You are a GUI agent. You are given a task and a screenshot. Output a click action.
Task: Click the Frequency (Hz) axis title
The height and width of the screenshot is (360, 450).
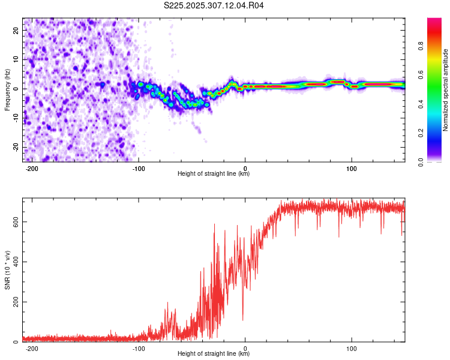pos(7,89)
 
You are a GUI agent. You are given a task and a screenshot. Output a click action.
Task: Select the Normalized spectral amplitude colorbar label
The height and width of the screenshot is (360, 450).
pos(446,91)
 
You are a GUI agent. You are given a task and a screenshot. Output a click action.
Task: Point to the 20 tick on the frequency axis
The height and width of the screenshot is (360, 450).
pos(17,29)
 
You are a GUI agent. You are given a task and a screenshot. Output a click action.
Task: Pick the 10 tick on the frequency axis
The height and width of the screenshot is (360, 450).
pos(17,59)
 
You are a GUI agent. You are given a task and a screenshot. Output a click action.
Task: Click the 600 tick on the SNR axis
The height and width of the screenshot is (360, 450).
pos(14,221)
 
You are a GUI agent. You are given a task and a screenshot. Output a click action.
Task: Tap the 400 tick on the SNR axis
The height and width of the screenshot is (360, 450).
pos(14,262)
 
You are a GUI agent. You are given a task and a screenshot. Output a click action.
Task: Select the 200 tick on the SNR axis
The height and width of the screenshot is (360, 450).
pos(14,302)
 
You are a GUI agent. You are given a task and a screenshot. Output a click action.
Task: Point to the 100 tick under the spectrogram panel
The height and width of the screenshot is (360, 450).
pos(352,167)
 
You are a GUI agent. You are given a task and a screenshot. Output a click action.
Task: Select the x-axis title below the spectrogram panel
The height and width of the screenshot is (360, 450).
pos(214,174)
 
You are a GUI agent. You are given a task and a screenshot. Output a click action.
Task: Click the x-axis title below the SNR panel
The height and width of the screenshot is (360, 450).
pos(214,354)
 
